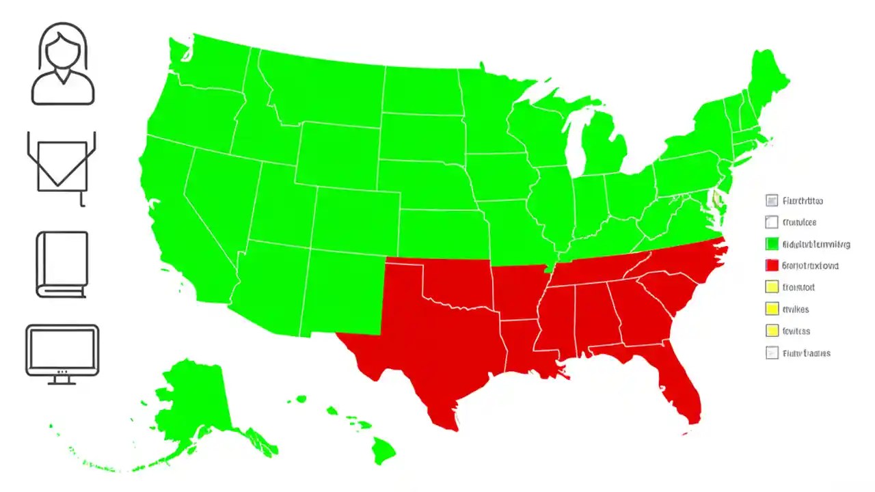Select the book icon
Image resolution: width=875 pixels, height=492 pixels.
coord(62,264)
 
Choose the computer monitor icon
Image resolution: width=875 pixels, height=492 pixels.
coord(62,350)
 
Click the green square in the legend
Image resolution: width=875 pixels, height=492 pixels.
coord(772,244)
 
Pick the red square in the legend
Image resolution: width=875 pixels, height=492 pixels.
coord(772,266)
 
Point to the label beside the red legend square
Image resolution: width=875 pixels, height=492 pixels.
coord(810,266)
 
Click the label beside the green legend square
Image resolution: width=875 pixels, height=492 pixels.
coord(816,244)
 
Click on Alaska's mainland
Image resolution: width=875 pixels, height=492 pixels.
coord(191,403)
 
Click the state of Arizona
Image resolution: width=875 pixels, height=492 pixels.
coord(270,287)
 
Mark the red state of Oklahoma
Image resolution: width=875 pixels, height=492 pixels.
coord(458,280)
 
